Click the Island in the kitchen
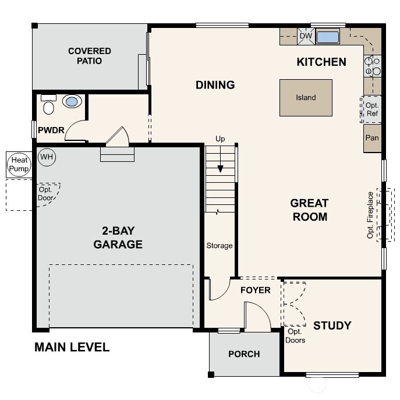pyautogui.click(x=306, y=98)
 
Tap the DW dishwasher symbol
pyautogui.click(x=306, y=36)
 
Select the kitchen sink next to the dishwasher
pyautogui.click(x=327, y=37)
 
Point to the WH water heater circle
pyautogui.click(x=46, y=157)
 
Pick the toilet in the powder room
pyautogui.click(x=49, y=107)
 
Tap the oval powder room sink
pyautogui.click(x=72, y=102)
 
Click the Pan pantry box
pyautogui.click(x=372, y=139)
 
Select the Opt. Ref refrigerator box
pyautogui.click(x=372, y=109)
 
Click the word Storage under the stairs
pyautogui.click(x=220, y=246)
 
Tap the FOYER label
pyautogui.click(x=255, y=290)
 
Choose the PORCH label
pyautogui.click(x=244, y=354)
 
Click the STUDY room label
pyautogui.click(x=332, y=325)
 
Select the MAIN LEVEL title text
pyautogui.click(x=72, y=348)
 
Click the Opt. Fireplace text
pyautogui.click(x=370, y=215)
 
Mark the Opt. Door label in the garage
pyautogui.click(x=46, y=193)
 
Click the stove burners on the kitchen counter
pyautogui.click(x=372, y=66)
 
